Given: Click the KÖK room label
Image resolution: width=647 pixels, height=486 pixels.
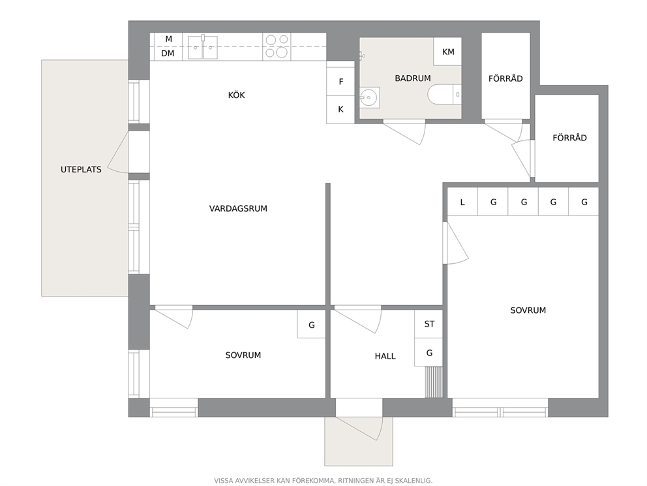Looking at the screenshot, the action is (237, 95).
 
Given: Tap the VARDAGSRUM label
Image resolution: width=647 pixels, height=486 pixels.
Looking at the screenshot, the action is (238, 208).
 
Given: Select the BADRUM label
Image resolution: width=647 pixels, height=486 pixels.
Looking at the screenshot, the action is (413, 78).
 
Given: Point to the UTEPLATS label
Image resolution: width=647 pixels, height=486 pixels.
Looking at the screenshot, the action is (81, 169).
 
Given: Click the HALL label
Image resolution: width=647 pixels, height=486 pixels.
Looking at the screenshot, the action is (385, 356).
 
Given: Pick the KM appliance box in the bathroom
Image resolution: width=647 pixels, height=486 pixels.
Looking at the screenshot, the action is (447, 52).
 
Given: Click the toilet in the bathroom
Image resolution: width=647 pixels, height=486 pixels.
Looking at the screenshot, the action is (444, 95).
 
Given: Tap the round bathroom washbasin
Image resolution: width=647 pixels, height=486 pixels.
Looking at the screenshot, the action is (369, 98).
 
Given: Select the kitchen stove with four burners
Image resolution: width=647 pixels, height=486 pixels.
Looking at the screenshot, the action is (277, 46).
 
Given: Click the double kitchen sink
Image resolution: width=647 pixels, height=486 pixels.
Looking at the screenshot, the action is (203, 47).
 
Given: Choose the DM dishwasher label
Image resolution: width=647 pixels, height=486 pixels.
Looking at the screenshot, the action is (168, 54).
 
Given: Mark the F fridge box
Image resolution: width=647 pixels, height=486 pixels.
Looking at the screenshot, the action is (340, 82).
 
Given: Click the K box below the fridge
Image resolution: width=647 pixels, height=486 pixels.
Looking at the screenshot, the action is (340, 110).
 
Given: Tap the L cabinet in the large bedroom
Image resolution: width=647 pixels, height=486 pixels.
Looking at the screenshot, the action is (462, 202).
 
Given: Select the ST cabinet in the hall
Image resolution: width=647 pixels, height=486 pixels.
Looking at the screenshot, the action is (429, 324).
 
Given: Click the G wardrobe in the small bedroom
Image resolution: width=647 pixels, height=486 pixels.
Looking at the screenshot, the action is (312, 325).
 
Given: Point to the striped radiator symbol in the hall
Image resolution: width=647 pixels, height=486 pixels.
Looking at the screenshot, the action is (434, 382).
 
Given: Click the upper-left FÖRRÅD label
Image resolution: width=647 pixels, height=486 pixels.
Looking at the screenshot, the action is (505, 78).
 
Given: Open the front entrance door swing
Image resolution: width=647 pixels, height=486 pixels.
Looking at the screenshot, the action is (359, 429).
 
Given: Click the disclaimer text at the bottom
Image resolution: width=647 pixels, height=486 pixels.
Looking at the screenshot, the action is (323, 481).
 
